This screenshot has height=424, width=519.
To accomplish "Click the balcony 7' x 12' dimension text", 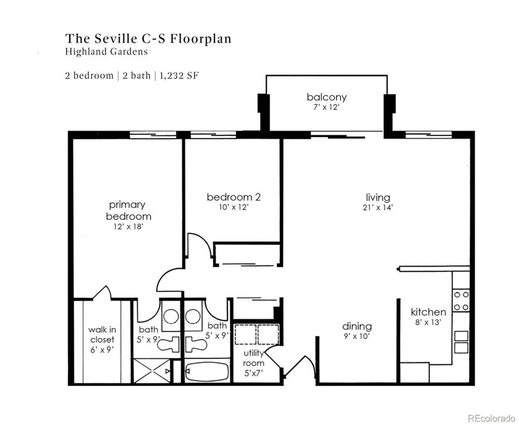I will click(326, 107).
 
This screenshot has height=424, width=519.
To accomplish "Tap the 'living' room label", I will click(378, 197).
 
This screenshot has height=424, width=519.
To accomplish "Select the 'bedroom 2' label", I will click(233, 197).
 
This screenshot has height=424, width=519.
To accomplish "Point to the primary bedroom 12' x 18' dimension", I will click(128, 227).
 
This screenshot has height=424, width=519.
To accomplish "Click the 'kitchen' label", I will click(428, 312).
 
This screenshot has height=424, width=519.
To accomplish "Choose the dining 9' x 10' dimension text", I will click(357, 336).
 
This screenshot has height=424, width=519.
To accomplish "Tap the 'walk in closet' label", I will click(102, 334).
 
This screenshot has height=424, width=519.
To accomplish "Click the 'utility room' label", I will click(254, 358).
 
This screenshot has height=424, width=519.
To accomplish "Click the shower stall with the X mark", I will click(152, 371).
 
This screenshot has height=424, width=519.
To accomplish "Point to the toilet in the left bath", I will click(168, 344).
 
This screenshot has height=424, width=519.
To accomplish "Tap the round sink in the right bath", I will click(193, 316).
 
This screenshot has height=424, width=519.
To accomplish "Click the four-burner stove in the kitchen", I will click(461, 301).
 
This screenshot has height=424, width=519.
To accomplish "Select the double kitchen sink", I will click(461, 342).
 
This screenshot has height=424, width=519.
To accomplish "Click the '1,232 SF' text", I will click(179, 76).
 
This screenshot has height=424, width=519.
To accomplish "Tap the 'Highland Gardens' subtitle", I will click(106, 52).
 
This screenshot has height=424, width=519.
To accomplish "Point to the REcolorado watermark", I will click(491, 418).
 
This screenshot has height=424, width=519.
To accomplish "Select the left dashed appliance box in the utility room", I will click(245, 334).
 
